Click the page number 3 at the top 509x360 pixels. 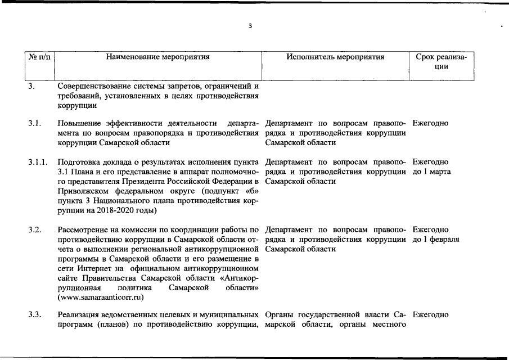tap(251, 26)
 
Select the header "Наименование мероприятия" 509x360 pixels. tap(158, 57)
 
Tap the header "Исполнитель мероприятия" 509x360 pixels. tap(335, 57)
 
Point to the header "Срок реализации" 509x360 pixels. tap(441, 61)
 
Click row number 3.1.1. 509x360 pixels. tap(38, 162)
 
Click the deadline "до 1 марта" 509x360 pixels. tap(431, 172)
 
